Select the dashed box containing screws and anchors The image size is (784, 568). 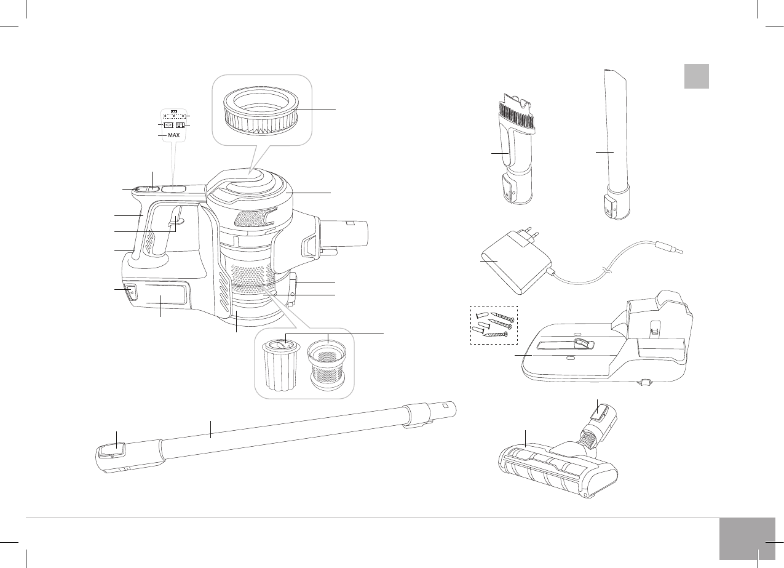(494, 325)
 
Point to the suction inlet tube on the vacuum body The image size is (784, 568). (347, 233)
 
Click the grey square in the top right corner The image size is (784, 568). (697, 76)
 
